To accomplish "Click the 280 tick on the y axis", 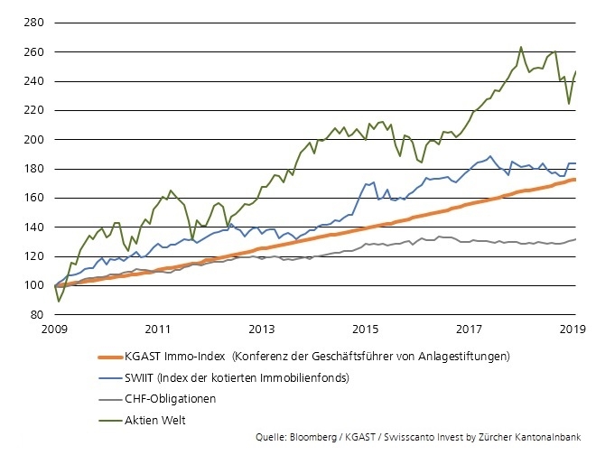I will click(x=35, y=23).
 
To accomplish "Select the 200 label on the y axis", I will click(x=35, y=140).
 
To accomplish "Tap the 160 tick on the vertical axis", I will click(x=35, y=198).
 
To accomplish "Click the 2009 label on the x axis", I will click(x=56, y=330).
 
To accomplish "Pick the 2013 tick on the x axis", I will click(x=263, y=330).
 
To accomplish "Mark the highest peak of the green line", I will click(x=521, y=47).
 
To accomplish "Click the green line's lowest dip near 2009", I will click(x=60, y=301).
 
